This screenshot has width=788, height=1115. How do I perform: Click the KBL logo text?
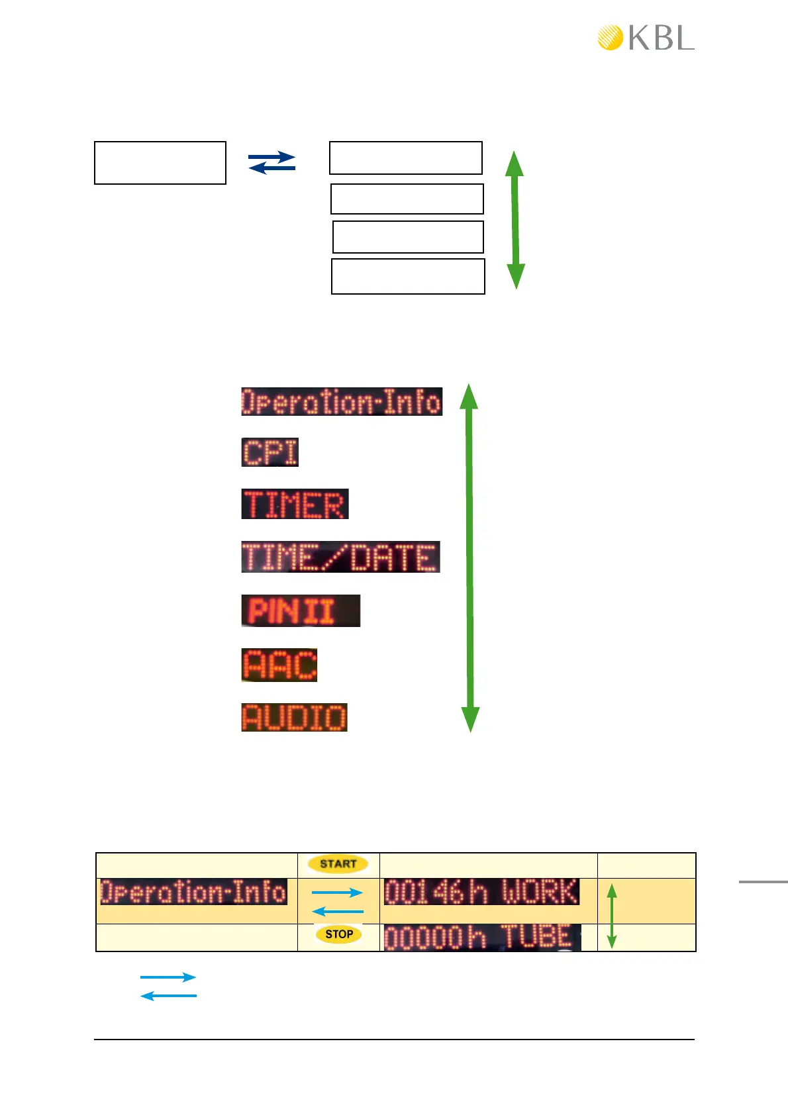(661, 38)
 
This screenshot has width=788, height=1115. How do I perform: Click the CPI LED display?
(270, 452)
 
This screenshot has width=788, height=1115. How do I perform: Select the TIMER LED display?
(295, 504)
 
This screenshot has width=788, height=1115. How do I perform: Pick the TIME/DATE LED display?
(340, 557)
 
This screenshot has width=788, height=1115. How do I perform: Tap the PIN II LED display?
(301, 610)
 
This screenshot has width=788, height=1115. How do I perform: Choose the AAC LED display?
(279, 665)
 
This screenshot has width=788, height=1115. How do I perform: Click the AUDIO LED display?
(294, 717)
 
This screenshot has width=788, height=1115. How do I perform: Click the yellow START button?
(338, 863)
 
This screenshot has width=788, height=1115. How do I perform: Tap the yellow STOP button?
(338, 934)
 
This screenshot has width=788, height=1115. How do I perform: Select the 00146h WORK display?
(481, 892)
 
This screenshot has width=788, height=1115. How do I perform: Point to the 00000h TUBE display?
(482, 938)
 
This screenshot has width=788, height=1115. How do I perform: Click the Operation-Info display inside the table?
(193, 892)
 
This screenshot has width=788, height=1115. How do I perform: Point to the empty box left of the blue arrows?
(160, 163)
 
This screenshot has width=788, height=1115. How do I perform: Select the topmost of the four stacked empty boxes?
(406, 158)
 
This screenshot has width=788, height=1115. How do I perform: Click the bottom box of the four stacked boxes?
(408, 276)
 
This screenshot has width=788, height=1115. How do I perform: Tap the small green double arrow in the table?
(612, 916)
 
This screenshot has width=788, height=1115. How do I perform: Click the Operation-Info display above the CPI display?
(341, 401)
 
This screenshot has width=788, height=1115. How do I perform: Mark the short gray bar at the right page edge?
(763, 881)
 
